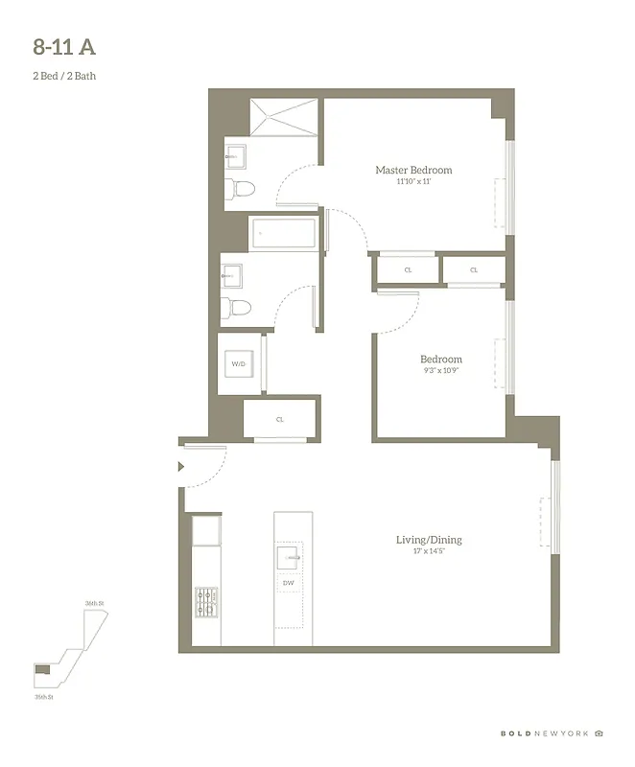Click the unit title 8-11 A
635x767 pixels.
(x=64, y=45)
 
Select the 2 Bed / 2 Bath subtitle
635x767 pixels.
(x=63, y=76)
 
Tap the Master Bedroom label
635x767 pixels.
(x=413, y=171)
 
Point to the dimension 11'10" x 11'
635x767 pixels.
(x=413, y=181)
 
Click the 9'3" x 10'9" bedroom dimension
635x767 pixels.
(x=440, y=371)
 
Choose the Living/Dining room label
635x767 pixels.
(x=429, y=540)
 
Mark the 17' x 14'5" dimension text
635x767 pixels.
(x=429, y=551)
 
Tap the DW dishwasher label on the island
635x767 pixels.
(x=288, y=583)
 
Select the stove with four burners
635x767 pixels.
(x=205, y=602)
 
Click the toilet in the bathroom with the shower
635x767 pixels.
(x=239, y=188)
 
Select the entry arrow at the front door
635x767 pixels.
(x=181, y=467)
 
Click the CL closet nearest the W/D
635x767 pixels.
(x=279, y=419)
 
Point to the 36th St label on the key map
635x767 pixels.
(x=93, y=603)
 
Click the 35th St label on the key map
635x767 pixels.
(x=42, y=698)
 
